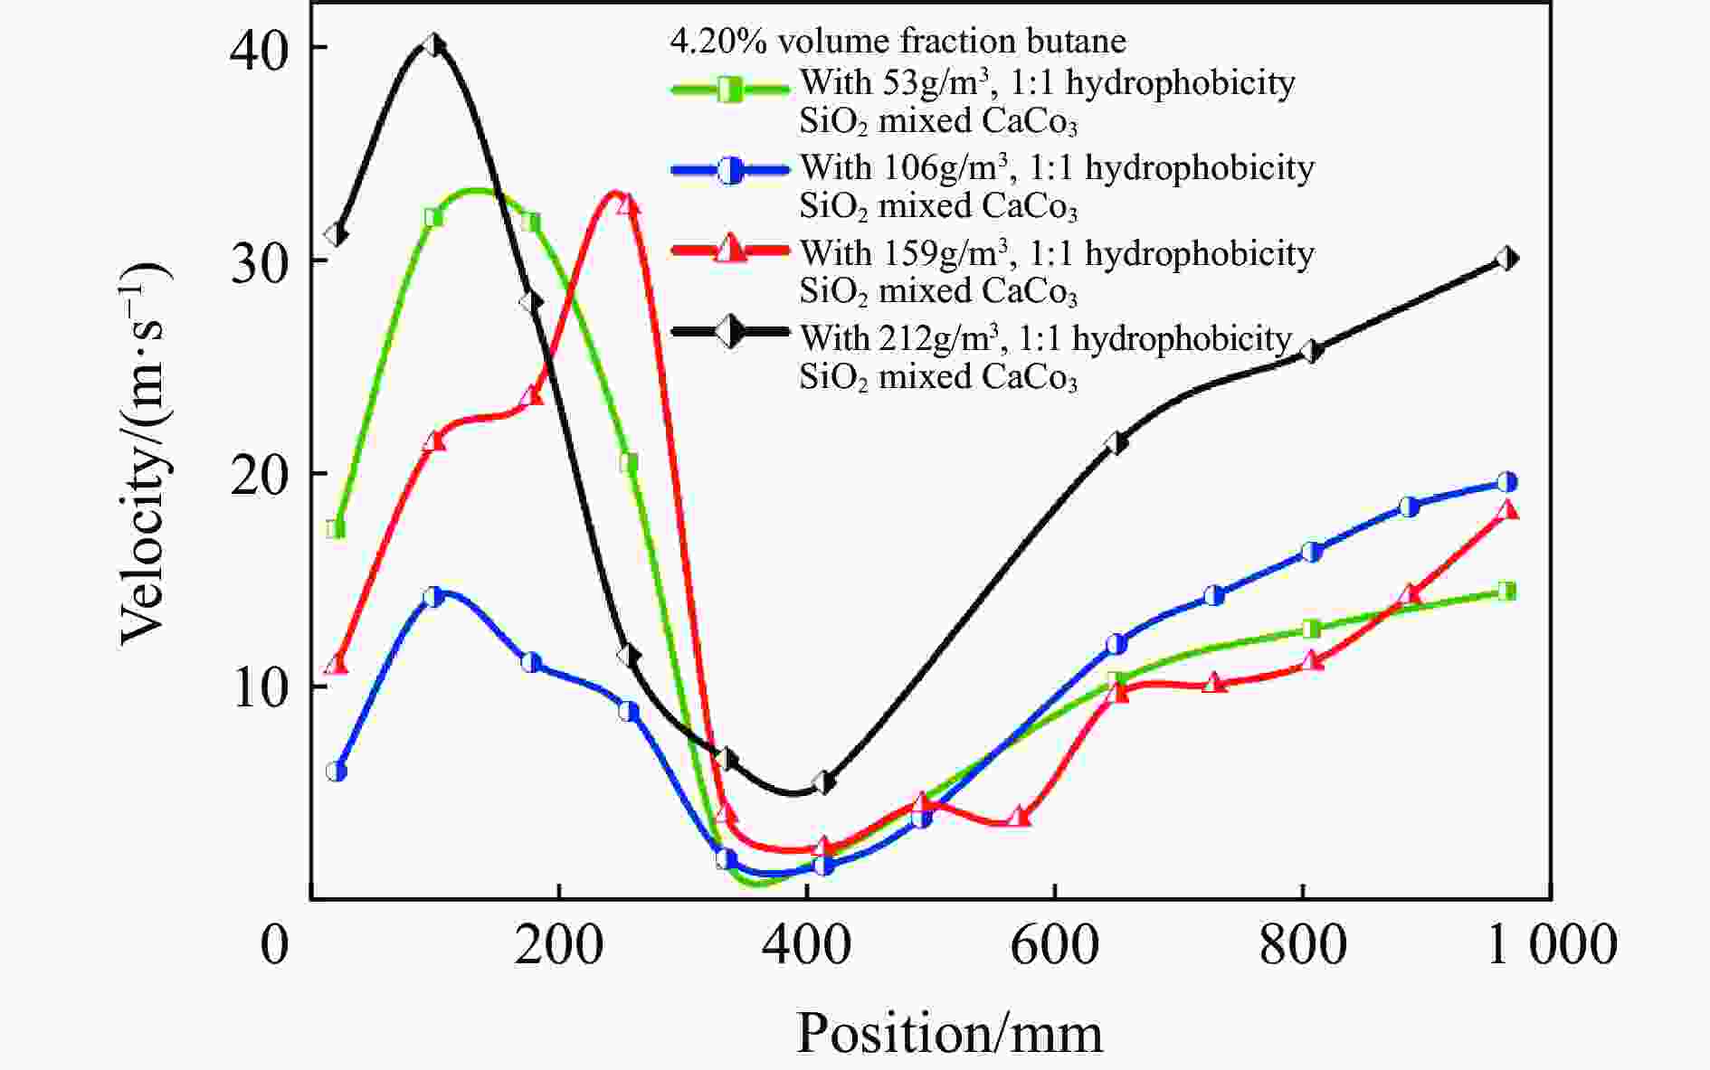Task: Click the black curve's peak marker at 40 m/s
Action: pyautogui.click(x=434, y=45)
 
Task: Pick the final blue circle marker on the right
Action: pyautogui.click(x=1506, y=482)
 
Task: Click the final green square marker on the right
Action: pyautogui.click(x=1506, y=592)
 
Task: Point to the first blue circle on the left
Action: pyautogui.click(x=336, y=772)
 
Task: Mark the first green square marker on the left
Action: pyautogui.click(x=336, y=528)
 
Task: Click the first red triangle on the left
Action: pyautogui.click(x=336, y=665)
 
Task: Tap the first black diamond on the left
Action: pyautogui.click(x=336, y=234)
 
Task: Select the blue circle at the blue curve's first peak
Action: pyautogui.click(x=434, y=597)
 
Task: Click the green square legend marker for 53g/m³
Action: pyautogui.click(x=729, y=89)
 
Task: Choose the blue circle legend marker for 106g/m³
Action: pyautogui.click(x=729, y=171)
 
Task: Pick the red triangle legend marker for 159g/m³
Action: pyautogui.click(x=729, y=251)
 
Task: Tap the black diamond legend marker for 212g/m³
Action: pyautogui.click(x=729, y=332)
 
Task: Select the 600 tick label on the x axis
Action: pyautogui.click(x=1055, y=946)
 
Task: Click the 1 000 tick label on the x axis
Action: pyautogui.click(x=1551, y=946)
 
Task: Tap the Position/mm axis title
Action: pyautogui.click(x=949, y=1034)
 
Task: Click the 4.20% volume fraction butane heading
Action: pyautogui.click(x=898, y=42)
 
